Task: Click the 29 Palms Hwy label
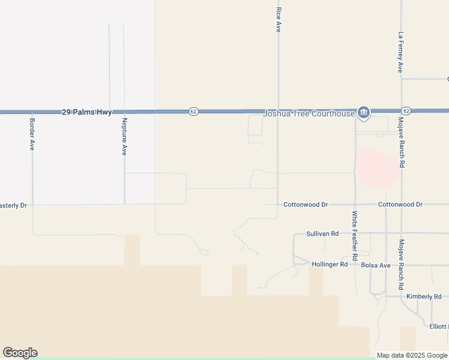86,112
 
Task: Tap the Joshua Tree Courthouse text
309,113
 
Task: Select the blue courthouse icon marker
363,112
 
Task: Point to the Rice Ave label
279,20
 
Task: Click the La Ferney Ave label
400,52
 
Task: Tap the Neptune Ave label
124,136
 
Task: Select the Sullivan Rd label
322,233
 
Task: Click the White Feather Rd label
355,235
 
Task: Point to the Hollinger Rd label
330,264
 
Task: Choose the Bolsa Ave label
380,265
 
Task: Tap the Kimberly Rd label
424,296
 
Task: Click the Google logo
20,353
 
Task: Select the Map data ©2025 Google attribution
412,355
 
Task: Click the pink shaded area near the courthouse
377,166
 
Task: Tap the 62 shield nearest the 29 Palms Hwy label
193,112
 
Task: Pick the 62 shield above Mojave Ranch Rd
406,111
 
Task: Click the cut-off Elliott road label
439,326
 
